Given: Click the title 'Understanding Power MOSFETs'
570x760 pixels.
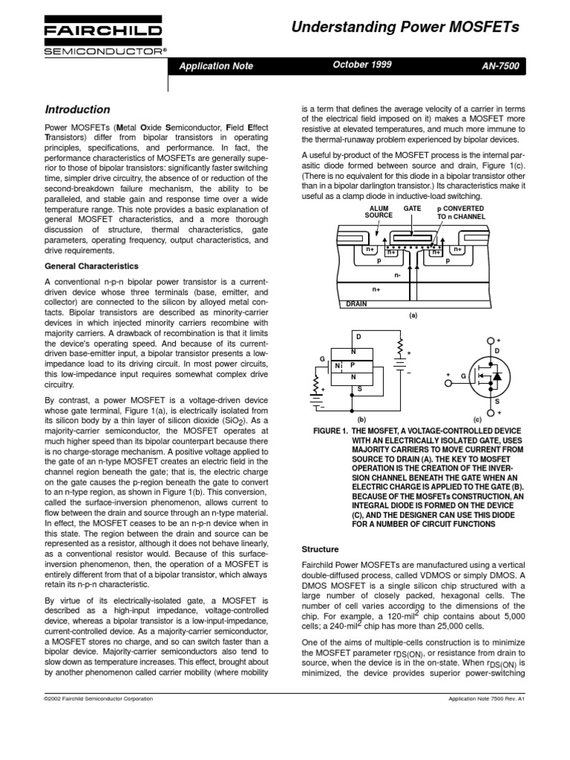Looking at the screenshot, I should [405, 28].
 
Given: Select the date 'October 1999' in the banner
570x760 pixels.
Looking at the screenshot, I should [363, 65].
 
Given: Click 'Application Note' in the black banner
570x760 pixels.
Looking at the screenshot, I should [216, 66].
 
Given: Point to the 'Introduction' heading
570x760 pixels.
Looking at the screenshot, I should [78, 109].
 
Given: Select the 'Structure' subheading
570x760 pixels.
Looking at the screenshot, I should [318, 549].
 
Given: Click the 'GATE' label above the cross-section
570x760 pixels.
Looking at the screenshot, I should [412, 209].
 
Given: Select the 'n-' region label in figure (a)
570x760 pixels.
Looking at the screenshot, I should [398, 275].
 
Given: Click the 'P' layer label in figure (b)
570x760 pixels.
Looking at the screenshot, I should [353, 365].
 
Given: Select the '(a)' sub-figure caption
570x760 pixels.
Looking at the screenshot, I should [413, 315].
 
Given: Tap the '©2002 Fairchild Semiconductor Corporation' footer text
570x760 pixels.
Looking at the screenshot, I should [99, 698].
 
